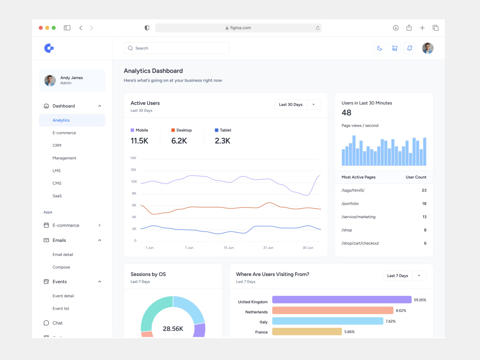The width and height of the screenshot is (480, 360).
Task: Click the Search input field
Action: coord(177,48)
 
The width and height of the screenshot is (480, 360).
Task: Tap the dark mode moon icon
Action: coord(380,48)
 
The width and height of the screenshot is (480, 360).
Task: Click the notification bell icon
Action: coord(409,48)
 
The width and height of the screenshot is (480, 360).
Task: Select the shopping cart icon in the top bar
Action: coord(395,48)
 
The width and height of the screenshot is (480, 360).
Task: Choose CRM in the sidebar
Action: coord(57,145)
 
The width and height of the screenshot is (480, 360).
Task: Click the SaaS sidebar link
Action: coord(57,196)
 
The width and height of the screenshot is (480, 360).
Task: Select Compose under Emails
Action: coord(61,267)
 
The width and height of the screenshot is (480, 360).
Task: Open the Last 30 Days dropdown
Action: coord(298,105)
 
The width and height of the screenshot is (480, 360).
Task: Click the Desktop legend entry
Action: coord(181,130)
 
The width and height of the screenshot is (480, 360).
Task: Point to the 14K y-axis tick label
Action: coord(133,158)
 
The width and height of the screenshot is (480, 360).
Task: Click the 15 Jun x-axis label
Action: coord(228,248)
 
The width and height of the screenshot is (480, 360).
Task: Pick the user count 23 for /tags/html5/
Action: coord(424,191)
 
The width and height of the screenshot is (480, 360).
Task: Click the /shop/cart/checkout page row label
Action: coord(360,243)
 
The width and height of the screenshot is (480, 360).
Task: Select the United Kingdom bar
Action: coord(342,300)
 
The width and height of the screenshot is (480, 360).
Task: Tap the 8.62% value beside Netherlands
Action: coord(401,311)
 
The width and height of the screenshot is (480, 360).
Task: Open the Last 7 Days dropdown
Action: coord(404,276)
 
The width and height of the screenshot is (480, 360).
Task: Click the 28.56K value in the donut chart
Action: coord(173,329)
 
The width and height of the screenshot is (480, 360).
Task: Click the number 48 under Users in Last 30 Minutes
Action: coord(346,113)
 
